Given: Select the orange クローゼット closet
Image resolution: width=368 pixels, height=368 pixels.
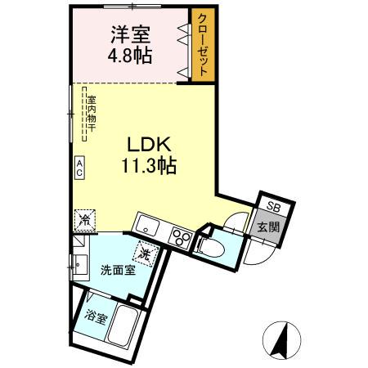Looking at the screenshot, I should pos(201,45).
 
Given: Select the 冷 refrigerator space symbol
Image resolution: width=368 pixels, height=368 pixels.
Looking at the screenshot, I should pos(84,219).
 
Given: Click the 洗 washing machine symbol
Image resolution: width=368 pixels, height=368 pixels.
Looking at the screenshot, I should pos(146,254).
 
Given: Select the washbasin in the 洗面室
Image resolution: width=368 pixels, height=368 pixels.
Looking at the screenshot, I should pos(79,266).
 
